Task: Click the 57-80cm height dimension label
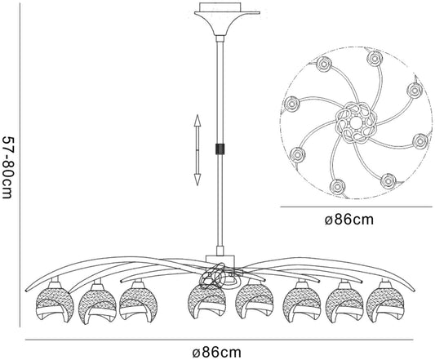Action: click(7, 167)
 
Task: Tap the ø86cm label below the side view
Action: click(216, 353)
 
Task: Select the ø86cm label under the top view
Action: click(349, 220)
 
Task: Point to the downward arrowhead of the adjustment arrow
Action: click(198, 180)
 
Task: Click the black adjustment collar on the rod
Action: click(220, 149)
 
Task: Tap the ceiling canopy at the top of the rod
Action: click(227, 19)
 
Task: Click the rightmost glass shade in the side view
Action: click(384, 305)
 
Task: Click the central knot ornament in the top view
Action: click(354, 122)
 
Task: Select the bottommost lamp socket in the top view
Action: click(338, 188)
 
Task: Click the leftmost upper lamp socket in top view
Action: click(323, 64)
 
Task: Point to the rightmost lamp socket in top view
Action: click(420, 141)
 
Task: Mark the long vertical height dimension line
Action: click(20, 166)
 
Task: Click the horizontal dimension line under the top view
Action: click(356, 207)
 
